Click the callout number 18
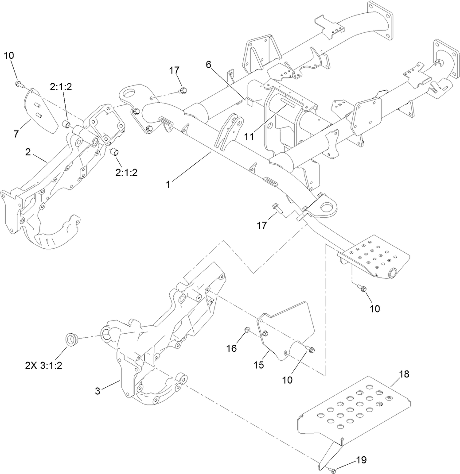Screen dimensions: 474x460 pos(403,374)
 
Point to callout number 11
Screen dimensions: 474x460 pos(249,137)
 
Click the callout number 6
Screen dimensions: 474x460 pos(209,64)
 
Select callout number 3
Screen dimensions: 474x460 pos(98,391)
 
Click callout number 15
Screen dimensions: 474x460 pos(259,365)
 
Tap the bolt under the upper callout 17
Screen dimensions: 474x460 pos(182,91)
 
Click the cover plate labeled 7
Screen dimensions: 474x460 pos(41,111)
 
